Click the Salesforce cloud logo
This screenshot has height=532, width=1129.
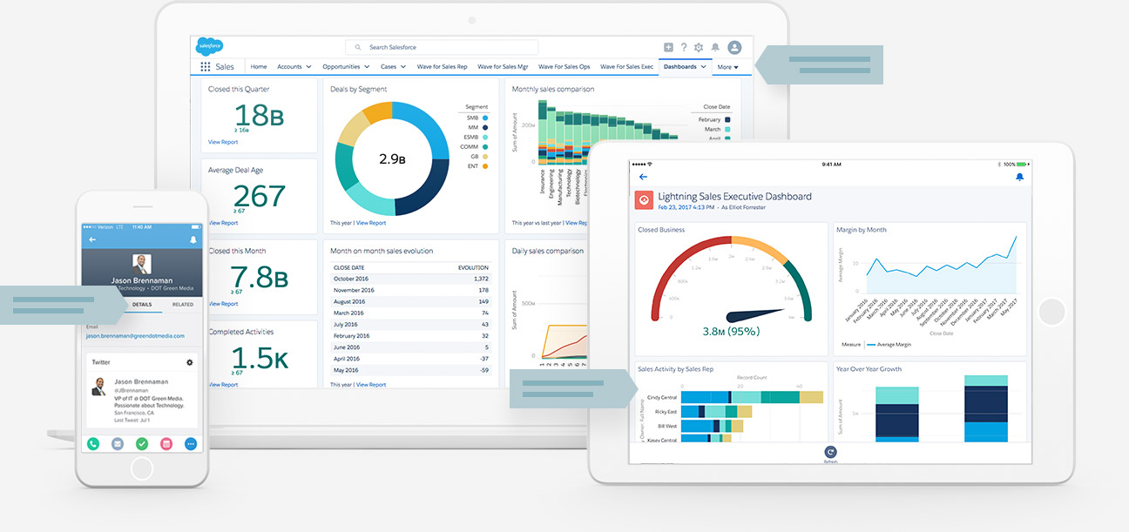pyautogui.click(x=210, y=45)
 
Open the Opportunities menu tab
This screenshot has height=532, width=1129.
pyautogui.click(x=341, y=66)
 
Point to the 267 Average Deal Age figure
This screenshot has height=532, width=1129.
pyautogui.click(x=260, y=195)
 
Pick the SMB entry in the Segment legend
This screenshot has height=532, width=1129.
pyautogui.click(x=472, y=118)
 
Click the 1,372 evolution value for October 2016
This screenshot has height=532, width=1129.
pyautogui.click(x=478, y=279)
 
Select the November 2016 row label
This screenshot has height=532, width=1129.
pyautogui.click(x=354, y=290)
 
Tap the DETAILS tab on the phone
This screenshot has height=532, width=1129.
pyautogui.click(x=142, y=305)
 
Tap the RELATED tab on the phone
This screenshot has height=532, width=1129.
pyautogui.click(x=183, y=305)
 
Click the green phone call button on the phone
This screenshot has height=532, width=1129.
pyautogui.click(x=93, y=444)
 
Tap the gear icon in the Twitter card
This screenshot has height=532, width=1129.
pyautogui.click(x=190, y=361)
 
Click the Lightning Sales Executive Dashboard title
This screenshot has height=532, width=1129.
pyautogui.click(x=734, y=197)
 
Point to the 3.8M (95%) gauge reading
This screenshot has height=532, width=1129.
pyautogui.click(x=731, y=331)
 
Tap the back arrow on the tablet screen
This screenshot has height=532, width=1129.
pyautogui.click(x=643, y=177)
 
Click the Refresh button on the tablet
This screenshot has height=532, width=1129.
pyautogui.click(x=830, y=453)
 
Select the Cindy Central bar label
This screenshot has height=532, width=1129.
pyautogui.click(x=662, y=397)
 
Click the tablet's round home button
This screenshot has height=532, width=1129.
pyautogui.click(x=1052, y=312)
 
